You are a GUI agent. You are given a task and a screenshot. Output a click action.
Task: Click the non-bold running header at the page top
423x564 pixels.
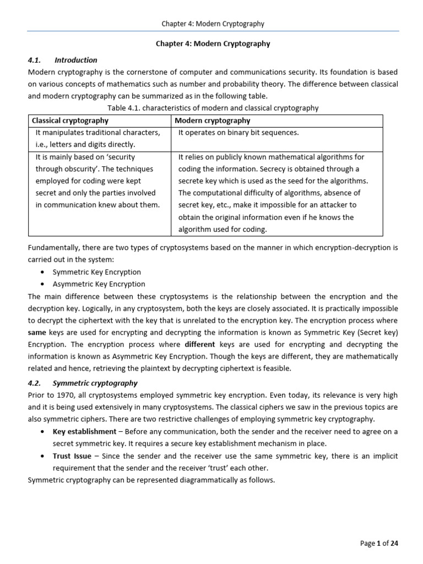(213, 24)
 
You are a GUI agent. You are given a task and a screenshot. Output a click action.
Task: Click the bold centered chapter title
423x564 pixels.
(213, 44)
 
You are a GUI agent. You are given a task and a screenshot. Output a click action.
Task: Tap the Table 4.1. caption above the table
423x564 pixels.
(212, 108)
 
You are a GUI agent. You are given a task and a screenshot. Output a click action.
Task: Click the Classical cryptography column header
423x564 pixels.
(70, 121)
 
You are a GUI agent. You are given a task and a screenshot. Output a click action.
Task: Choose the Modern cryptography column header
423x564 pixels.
(212, 121)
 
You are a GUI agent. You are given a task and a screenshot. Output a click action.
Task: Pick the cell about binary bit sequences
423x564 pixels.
(238, 133)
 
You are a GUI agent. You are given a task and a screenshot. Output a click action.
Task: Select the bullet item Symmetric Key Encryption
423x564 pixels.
(97, 272)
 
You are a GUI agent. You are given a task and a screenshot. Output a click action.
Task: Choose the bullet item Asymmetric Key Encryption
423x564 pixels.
(99, 284)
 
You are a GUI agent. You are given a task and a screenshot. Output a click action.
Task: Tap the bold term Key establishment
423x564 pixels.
(84, 432)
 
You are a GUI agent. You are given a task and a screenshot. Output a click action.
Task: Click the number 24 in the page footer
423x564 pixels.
(394, 543)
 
